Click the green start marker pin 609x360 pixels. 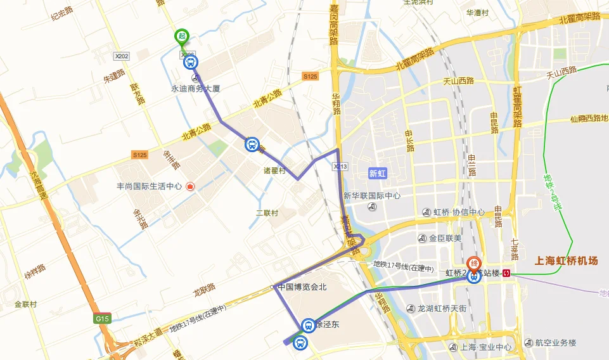[x=182, y=37]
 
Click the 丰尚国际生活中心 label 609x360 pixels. [x=150, y=187]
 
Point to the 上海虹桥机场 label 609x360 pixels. [x=567, y=260]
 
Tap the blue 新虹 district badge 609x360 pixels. [x=377, y=173]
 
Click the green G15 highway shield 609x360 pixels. [x=102, y=318]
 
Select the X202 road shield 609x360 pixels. [x=121, y=56]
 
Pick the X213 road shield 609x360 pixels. [x=340, y=166]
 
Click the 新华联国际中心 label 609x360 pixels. [x=372, y=196]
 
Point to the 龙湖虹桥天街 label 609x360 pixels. [x=442, y=309]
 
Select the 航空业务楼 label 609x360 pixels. [x=555, y=343]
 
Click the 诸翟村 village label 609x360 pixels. [x=274, y=170]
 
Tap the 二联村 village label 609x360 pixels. [x=267, y=213]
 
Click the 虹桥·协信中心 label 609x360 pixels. [x=458, y=212]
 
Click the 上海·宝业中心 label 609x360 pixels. [x=485, y=347]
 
